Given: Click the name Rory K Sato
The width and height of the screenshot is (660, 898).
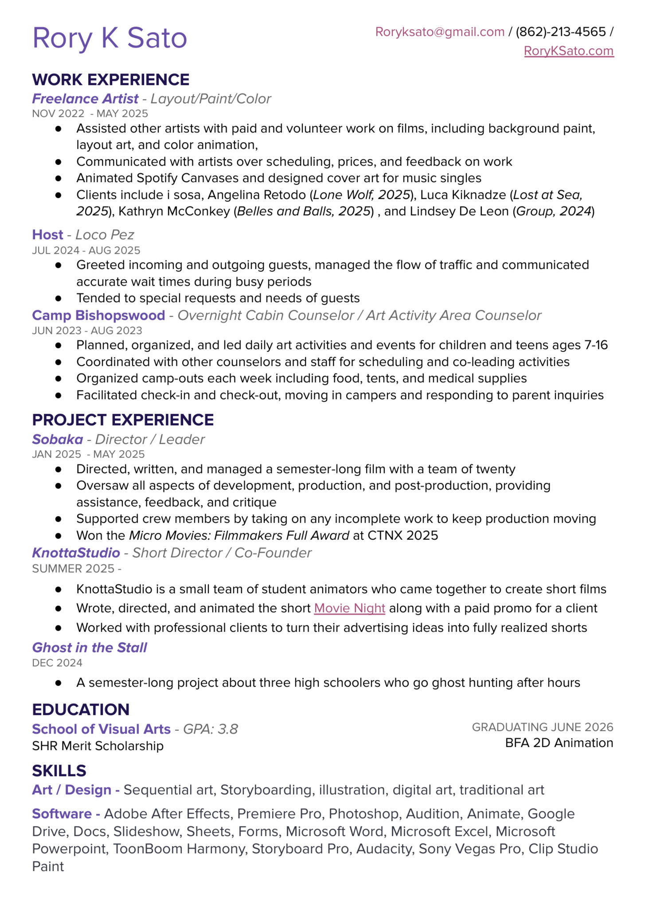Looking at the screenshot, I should coord(109,38).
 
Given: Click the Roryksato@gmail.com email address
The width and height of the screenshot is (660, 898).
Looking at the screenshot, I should coord(440,32).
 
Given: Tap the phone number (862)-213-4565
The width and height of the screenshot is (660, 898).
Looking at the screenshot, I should coord(560,32).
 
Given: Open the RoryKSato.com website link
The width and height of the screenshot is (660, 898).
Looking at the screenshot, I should coord(569,51).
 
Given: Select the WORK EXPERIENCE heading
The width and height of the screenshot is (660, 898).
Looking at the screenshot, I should coord(111,80).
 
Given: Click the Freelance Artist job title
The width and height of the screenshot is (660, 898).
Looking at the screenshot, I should coord(85,99).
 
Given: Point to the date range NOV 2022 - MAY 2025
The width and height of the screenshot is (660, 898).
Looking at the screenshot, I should coord(90,113).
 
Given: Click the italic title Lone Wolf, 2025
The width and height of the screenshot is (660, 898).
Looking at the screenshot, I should coord(361,195).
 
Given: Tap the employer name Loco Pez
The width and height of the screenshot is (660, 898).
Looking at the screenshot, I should coord(105,235).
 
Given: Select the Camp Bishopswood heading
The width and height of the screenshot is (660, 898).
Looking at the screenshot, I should coord(98,315).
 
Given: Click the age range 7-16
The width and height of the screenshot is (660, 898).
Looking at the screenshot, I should coord(596,345).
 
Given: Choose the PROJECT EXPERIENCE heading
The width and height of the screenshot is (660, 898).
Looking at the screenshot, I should coord(123,420).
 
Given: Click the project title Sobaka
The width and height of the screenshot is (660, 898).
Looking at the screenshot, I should coord(58,439).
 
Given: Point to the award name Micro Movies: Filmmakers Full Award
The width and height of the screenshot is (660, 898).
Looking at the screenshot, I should coord(239,536).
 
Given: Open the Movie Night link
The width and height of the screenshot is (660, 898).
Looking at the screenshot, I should coord(349,608).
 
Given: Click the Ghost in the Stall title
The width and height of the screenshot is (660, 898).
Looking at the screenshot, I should coord(90,648).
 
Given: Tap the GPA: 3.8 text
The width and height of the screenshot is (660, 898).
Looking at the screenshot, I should coord(211,729).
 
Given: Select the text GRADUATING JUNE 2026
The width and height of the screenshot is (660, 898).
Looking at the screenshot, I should coord(543,727).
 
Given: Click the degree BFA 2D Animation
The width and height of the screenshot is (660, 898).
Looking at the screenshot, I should coord(559,743).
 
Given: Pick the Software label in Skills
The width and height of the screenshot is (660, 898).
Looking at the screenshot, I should coord(62,814).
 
